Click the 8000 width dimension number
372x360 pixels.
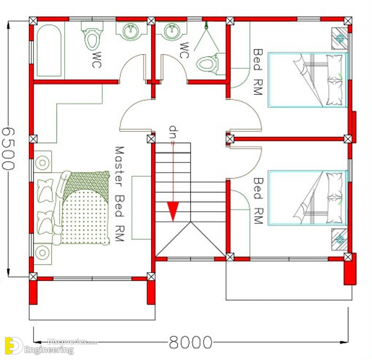coord(190,342)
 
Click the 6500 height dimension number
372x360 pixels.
coord(9,149)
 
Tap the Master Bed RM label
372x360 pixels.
coord(120,194)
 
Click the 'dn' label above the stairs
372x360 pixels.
coord(174,132)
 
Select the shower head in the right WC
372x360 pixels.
coord(206,26)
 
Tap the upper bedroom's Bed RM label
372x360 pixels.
coord(258,72)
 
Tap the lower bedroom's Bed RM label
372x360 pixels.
coord(259,201)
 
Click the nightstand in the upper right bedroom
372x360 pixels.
coord(340,38)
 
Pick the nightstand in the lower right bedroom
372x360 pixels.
coord(340,239)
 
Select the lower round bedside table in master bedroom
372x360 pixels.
coord(43,253)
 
